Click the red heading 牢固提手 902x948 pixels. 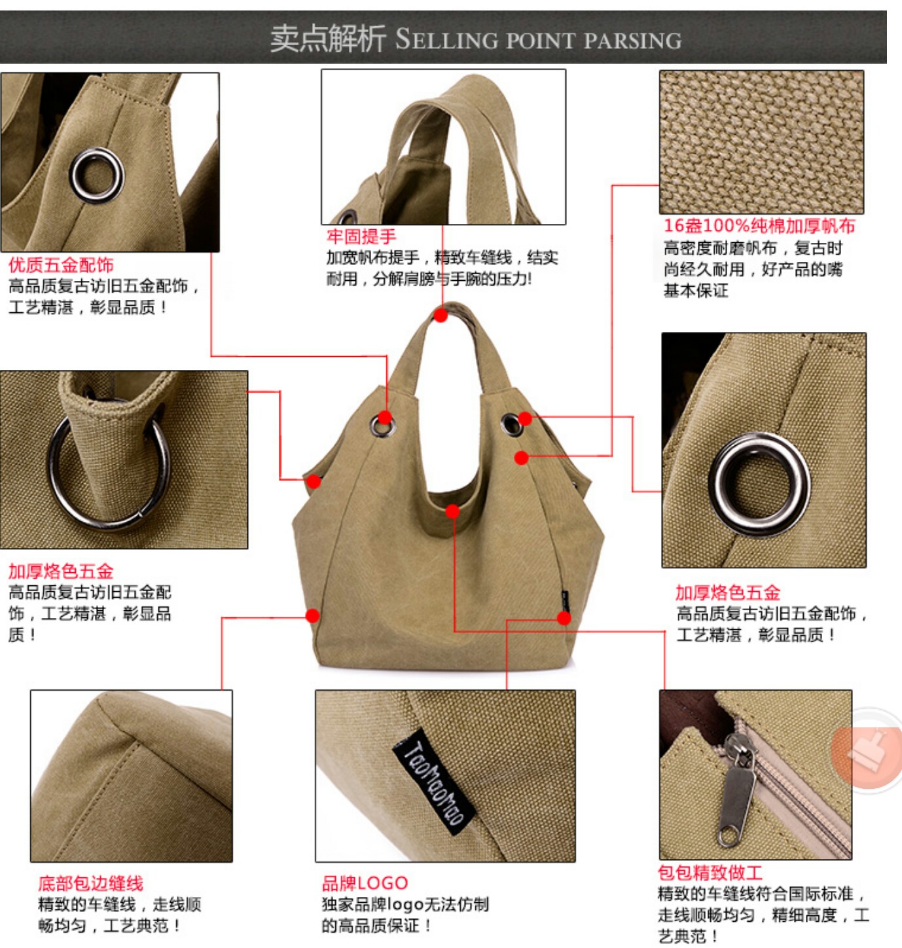pyautogui.click(x=361, y=236)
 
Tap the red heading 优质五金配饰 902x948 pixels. pyautogui.click(x=62, y=264)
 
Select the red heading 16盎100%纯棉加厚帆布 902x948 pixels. pyautogui.click(x=759, y=225)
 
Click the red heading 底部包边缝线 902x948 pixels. pyautogui.click(x=90, y=883)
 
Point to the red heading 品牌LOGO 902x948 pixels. pyautogui.click(x=365, y=883)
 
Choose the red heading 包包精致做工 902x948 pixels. pyautogui.click(x=710, y=872)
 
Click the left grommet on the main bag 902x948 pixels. pyautogui.click(x=383, y=426)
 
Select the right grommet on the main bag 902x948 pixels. pyautogui.click(x=511, y=424)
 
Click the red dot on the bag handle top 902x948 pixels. pyautogui.click(x=441, y=316)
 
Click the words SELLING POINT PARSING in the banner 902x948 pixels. pyautogui.click(x=538, y=40)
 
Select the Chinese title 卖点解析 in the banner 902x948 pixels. pyautogui.click(x=328, y=39)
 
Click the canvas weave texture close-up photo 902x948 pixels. pyautogui.click(x=761, y=142)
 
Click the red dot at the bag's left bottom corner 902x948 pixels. pyautogui.click(x=312, y=616)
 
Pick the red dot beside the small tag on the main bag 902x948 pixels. pyautogui.click(x=564, y=618)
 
